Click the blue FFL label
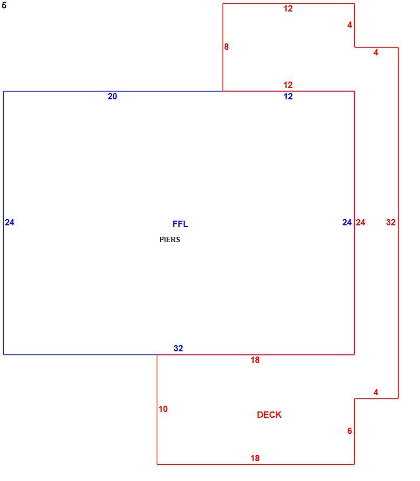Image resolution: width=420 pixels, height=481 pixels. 180,224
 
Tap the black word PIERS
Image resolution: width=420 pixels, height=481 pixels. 170,239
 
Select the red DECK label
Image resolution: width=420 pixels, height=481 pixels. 269,415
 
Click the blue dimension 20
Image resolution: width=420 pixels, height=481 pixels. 112,96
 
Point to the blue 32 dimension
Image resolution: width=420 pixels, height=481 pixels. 178,348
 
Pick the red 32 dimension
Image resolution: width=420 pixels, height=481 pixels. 391,222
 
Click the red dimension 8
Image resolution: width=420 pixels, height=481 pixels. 226,47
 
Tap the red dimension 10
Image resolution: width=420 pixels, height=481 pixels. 163,409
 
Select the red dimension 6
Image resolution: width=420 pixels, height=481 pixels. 349,431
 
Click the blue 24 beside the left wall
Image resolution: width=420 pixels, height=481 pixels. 9,222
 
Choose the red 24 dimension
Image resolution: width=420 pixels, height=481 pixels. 360,222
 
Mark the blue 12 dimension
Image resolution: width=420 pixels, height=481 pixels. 288,96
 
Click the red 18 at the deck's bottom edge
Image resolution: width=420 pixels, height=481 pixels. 255,459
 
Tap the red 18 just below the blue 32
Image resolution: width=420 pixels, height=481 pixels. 255,360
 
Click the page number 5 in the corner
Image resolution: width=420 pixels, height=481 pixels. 4,5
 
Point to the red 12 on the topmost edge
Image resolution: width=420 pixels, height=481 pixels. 288,8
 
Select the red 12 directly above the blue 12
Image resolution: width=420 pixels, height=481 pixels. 288,85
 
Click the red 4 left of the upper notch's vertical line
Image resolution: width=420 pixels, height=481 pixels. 349,25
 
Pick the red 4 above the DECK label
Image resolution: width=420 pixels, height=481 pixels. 376,392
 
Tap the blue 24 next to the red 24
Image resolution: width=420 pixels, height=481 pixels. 347,222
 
